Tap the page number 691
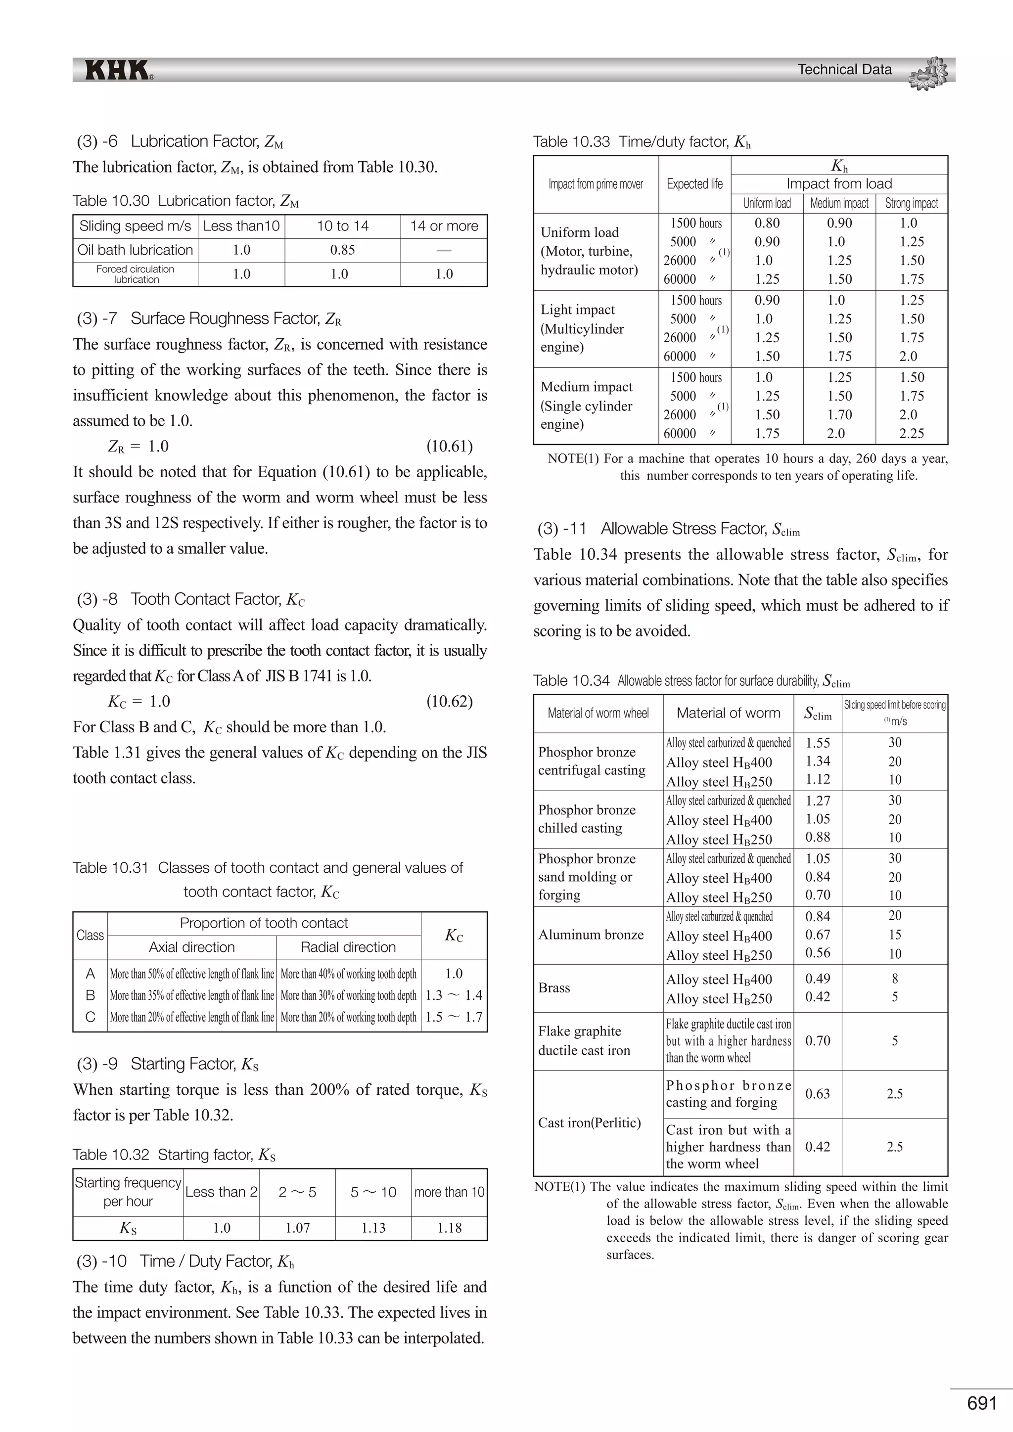(x=982, y=1403)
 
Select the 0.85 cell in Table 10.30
(x=342, y=250)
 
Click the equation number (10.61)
(x=449, y=446)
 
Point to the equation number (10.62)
(x=449, y=702)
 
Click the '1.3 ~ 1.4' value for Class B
(x=454, y=995)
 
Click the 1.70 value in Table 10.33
(x=839, y=415)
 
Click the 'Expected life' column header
(x=694, y=184)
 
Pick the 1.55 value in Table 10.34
(x=817, y=742)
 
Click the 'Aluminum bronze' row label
(x=591, y=935)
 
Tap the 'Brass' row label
(x=554, y=988)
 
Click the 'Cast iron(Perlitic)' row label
(x=590, y=1122)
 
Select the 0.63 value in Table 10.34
(x=817, y=1094)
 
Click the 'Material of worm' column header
(x=728, y=713)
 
